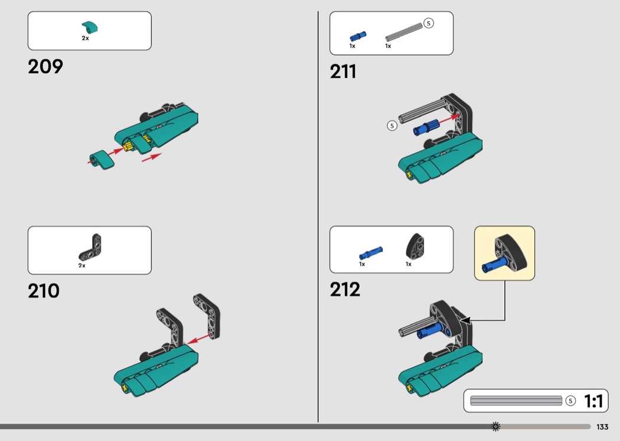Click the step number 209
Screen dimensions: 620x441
coord(45,67)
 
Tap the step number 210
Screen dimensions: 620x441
coord(44,291)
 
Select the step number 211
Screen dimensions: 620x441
coord(343,72)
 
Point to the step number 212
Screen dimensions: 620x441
coord(345,290)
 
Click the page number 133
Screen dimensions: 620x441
coord(602,427)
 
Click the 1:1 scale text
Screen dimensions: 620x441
coord(593,401)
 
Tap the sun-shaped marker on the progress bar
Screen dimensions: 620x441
coord(495,426)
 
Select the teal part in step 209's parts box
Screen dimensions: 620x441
coord(90,27)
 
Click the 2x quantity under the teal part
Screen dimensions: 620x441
coord(86,38)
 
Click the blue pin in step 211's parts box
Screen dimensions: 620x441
coord(358,37)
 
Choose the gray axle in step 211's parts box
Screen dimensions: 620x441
coord(404,33)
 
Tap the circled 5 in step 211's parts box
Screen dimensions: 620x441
coord(428,24)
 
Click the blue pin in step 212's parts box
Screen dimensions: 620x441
coord(370,253)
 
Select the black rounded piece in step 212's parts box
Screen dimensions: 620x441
coord(415,247)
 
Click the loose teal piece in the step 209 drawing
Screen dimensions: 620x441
coord(102,160)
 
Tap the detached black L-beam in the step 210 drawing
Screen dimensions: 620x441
coord(207,316)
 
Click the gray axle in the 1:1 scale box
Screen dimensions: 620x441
coord(516,401)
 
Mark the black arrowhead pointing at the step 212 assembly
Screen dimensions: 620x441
coord(466,320)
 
